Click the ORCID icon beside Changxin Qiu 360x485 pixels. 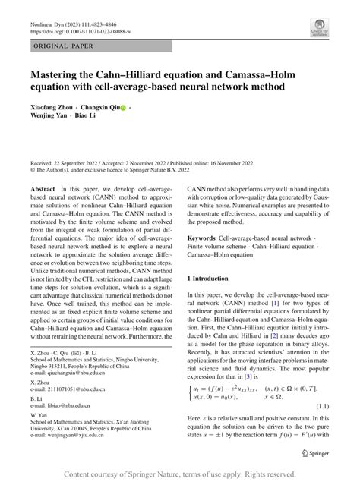122,109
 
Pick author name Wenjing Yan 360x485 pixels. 51,119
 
